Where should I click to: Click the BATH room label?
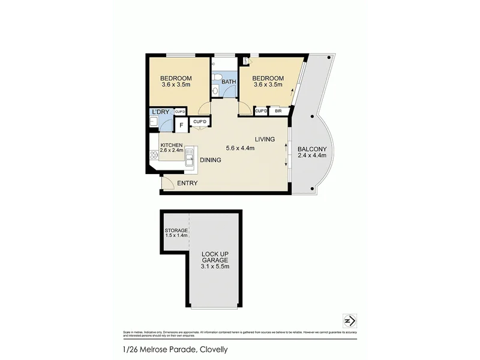[x=229, y=82]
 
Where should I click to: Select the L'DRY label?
[x=161, y=112]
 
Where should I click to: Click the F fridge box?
[x=181, y=126]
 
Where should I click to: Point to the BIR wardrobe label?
[x=278, y=111]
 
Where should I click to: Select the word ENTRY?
[x=187, y=183]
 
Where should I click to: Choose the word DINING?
[x=210, y=160]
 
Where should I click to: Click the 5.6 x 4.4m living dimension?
[x=240, y=148]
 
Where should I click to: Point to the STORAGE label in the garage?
[x=176, y=230]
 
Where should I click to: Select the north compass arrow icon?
[x=347, y=320]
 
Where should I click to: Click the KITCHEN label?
[x=171, y=145]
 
